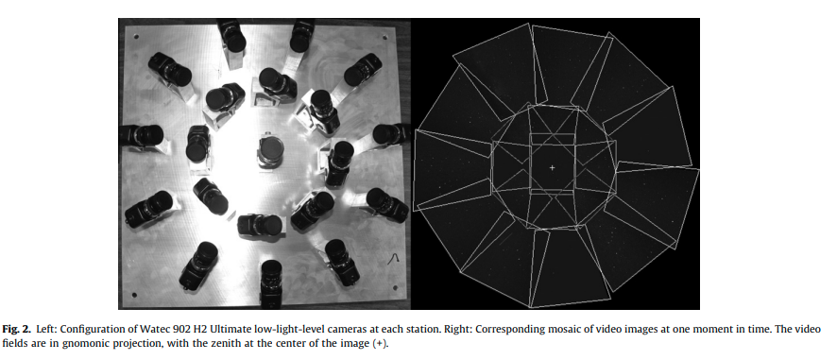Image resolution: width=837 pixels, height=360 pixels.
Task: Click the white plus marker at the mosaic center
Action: point(552,167)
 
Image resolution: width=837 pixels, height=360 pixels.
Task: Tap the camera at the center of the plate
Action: point(270,152)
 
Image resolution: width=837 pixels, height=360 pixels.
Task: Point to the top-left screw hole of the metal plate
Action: point(137,37)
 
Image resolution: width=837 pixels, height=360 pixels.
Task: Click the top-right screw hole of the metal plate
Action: point(386,37)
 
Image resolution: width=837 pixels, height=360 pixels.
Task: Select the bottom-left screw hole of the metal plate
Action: point(133,294)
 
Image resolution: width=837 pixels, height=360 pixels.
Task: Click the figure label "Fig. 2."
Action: point(17,329)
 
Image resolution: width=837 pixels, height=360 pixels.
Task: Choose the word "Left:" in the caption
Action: point(45,329)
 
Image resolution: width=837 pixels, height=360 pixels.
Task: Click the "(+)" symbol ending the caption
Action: point(380,343)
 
